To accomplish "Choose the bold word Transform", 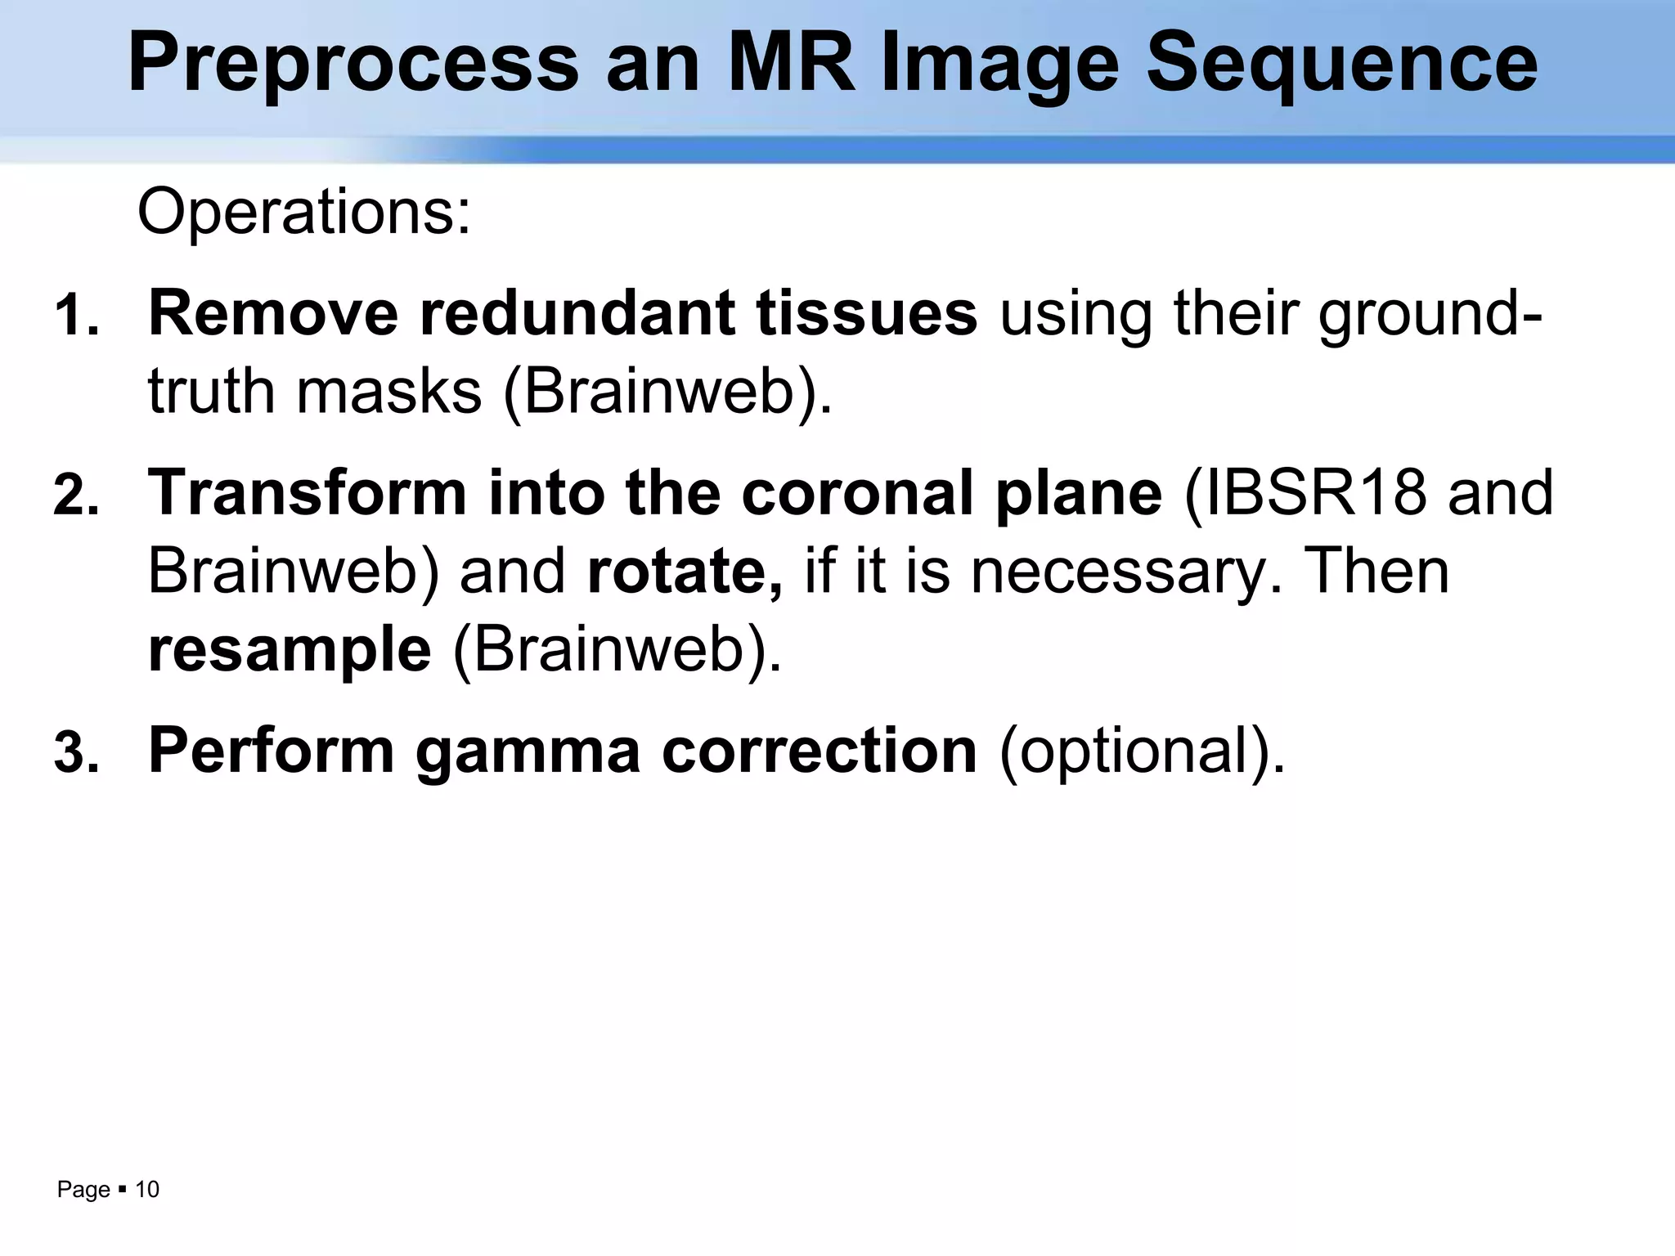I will tap(307, 493).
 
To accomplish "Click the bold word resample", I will tap(290, 649).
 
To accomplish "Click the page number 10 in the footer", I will tap(147, 1190).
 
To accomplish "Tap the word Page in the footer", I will tap(83, 1191).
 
